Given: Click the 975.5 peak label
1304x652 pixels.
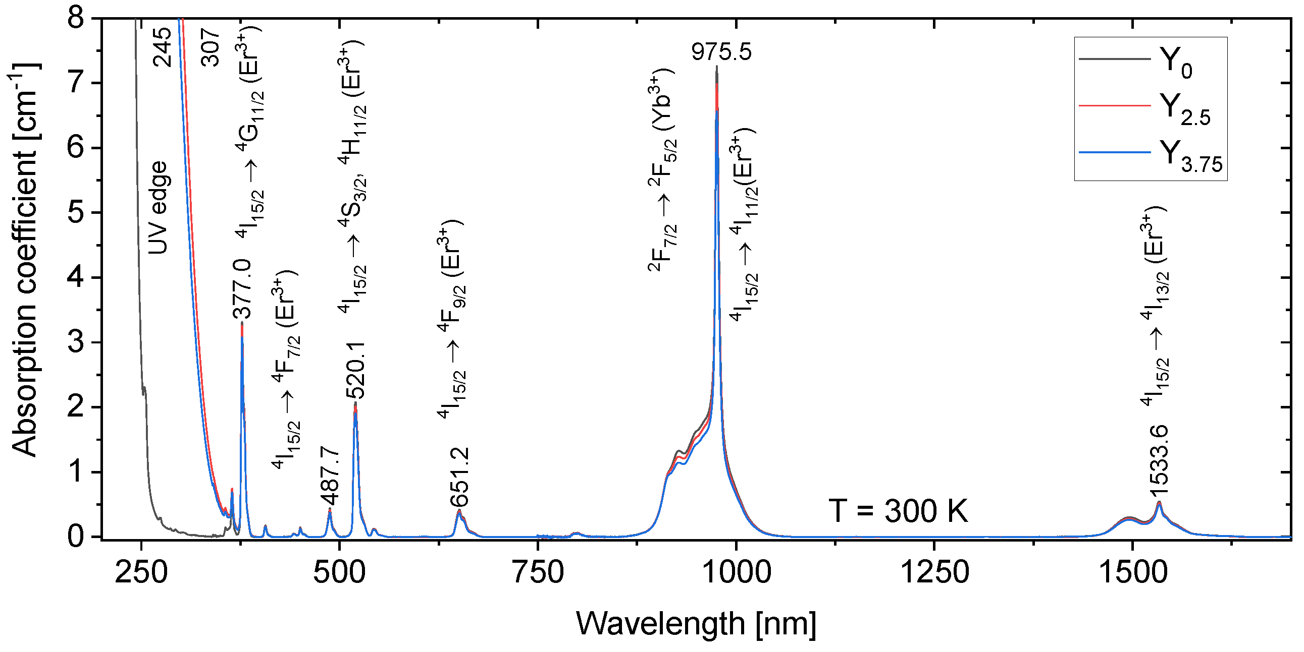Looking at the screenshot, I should (721, 51).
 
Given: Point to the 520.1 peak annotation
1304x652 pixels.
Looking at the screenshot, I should (356, 371).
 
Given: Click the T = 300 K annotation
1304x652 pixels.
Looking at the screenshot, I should (898, 511).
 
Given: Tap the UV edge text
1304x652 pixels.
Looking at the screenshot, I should (158, 207).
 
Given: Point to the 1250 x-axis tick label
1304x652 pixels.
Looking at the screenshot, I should (934, 573).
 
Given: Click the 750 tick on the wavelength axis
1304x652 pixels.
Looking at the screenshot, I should (538, 573).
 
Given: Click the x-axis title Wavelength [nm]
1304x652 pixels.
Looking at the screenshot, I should (696, 623).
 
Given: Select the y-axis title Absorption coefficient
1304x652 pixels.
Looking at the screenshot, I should (24, 261).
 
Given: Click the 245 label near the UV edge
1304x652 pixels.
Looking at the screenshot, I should (163, 47).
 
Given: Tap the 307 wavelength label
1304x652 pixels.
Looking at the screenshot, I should (210, 47).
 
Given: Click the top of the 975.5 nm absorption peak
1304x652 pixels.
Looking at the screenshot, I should (717, 67).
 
